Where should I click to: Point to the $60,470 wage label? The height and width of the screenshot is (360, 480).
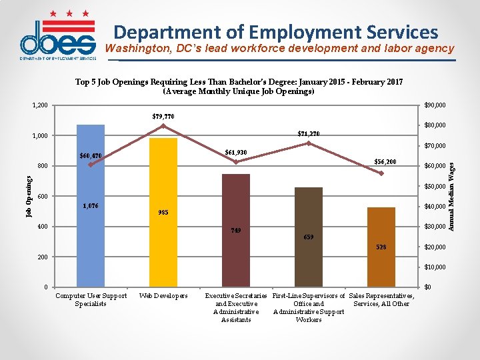91,156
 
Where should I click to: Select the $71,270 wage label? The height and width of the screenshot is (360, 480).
309,134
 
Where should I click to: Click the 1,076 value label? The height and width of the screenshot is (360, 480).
90,206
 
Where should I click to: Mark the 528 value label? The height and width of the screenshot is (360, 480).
381,247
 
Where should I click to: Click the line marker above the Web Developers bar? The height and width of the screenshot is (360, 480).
163,126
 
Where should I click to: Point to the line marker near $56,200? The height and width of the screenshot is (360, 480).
381,173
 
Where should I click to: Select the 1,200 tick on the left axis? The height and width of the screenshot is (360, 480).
40,105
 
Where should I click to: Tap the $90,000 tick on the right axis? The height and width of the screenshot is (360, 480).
435,105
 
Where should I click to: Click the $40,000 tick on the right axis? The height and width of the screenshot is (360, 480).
435,207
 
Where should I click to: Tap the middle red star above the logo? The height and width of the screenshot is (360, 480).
69,13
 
